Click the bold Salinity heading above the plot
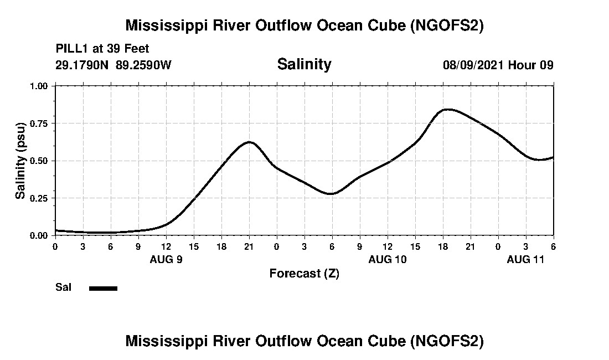click(304, 64)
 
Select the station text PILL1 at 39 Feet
click(102, 49)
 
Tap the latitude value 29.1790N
click(83, 65)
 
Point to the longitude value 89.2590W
click(144, 65)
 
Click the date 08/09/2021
click(473, 65)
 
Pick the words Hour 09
click(531, 65)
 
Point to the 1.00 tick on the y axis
click(40, 86)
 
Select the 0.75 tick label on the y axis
click(40, 124)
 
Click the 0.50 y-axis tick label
click(40, 161)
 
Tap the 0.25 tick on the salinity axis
click(40, 198)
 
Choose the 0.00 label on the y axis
click(40, 235)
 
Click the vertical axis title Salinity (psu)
click(20, 161)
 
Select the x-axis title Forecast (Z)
click(304, 274)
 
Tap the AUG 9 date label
click(166, 259)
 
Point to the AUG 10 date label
click(388, 259)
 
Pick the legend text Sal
click(63, 287)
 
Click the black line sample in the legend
click(103, 288)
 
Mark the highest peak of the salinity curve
click(448, 109)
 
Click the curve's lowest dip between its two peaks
click(331, 194)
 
